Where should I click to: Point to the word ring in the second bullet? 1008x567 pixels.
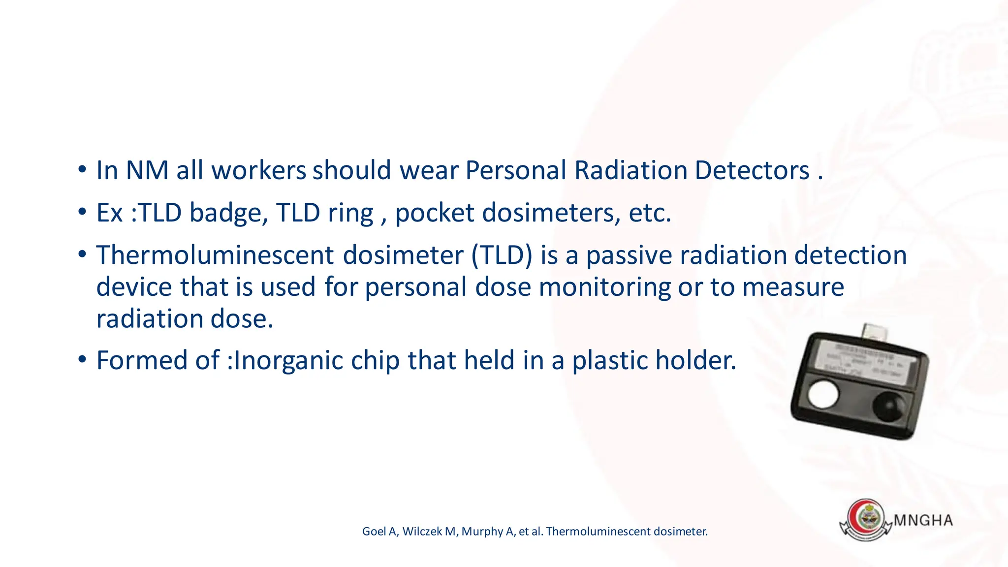[350, 214]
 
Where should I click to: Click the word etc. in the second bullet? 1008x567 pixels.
[650, 214]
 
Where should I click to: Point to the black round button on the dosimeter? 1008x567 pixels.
[888, 406]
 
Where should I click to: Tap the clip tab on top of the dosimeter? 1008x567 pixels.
[875, 332]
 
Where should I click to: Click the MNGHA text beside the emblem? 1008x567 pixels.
[923, 521]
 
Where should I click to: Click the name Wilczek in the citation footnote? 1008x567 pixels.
[423, 532]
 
